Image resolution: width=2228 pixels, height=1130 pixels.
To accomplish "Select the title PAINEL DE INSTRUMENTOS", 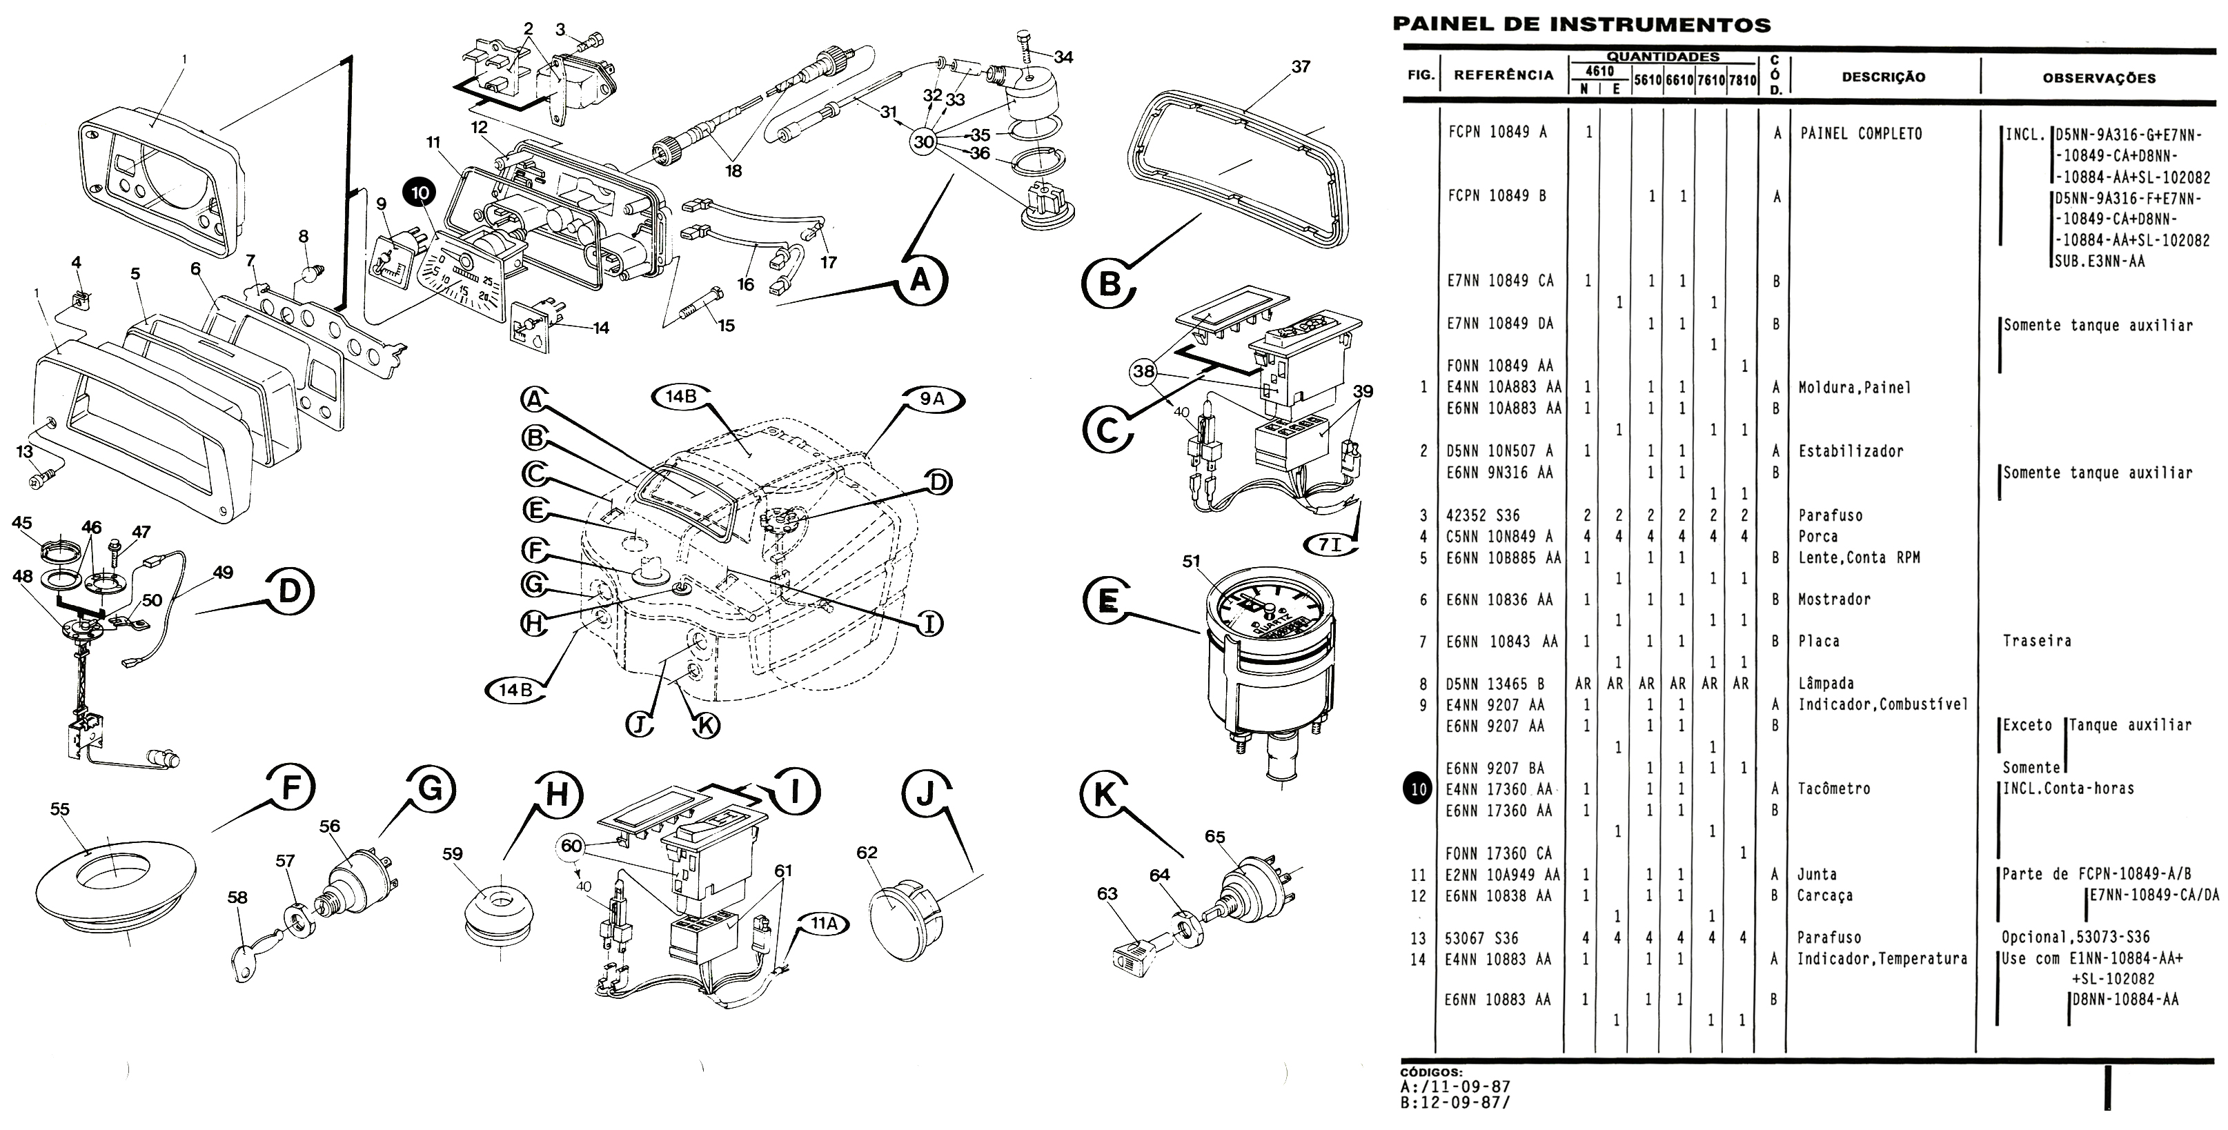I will pos(1581,24).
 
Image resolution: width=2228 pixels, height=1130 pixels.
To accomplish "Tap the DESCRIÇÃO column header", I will pos(1883,77).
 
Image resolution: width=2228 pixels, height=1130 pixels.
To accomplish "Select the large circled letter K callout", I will pos(1105,793).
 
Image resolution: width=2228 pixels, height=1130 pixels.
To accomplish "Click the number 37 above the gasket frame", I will pos(1301,67).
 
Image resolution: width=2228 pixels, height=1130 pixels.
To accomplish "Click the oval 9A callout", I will pos(931,399).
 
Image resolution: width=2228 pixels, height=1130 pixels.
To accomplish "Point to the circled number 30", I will pos(924,141).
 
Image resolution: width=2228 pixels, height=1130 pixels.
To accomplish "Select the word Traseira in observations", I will pos(2036,642).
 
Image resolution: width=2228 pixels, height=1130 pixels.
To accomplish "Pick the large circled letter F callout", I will pos(290,789).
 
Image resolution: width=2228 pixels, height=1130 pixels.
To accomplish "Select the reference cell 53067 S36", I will pos(1481,938).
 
